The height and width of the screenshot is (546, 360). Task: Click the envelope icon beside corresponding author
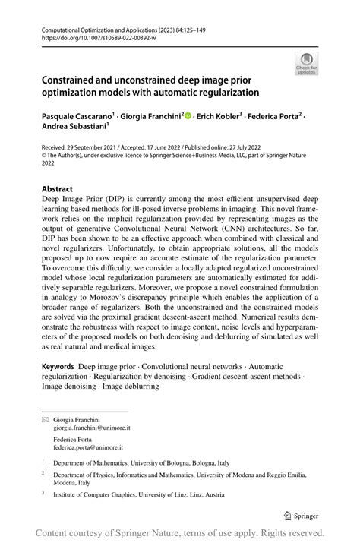pos(45,418)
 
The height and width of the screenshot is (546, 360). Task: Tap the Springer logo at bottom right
pos(300,514)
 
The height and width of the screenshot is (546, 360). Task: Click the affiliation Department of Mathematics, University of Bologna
pos(147,461)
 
